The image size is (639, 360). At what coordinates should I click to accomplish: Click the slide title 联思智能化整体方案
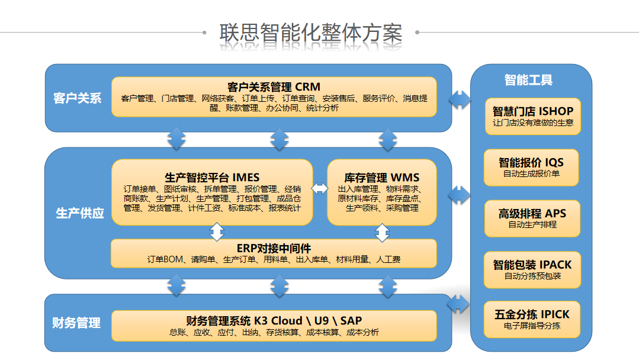311,33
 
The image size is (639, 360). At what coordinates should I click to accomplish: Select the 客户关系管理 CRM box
274,97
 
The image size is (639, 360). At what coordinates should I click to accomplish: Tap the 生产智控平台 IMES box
212,192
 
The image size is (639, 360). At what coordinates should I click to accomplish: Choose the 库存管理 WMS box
381,192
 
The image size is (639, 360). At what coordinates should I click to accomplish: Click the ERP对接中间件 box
274,253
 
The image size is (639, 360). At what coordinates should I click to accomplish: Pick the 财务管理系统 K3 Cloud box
274,326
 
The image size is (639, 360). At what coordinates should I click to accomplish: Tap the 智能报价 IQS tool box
531,167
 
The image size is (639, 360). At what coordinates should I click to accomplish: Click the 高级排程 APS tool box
532,218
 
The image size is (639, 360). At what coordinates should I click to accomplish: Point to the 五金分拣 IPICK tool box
532,320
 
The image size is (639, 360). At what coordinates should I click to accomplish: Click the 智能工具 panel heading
529,80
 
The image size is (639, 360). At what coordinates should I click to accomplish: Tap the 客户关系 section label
78,98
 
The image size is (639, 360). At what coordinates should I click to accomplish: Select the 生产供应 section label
80,213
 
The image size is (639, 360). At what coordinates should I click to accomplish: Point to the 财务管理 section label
76,323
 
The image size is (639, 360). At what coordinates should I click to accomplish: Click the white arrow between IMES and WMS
320,188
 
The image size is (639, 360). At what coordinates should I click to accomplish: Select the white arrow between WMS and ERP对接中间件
383,232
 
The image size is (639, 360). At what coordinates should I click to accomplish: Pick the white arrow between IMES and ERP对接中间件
217,232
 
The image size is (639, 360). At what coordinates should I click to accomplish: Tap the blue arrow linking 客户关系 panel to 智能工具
460,99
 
